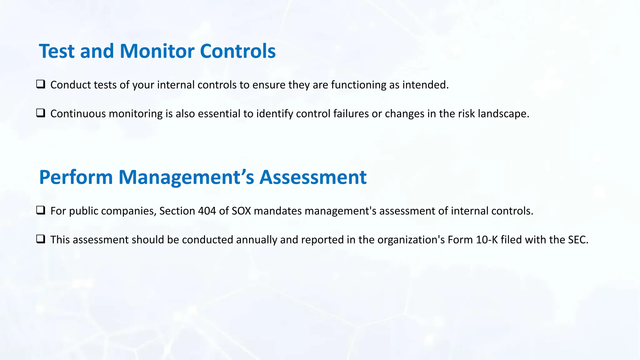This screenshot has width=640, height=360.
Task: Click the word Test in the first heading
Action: pyautogui.click(x=57, y=51)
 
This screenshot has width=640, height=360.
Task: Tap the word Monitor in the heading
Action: pyautogui.click(x=157, y=51)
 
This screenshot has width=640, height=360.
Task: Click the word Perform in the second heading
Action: pyautogui.click(x=76, y=177)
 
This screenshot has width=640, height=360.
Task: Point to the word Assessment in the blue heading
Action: pyautogui.click(x=313, y=177)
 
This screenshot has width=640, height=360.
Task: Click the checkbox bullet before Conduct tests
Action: pyautogui.click(x=41, y=84)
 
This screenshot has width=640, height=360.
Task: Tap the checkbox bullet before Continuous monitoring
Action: pyautogui.click(x=41, y=113)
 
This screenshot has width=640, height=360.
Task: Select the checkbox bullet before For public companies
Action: pyautogui.click(x=41, y=210)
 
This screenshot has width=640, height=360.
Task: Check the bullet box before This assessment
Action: pyautogui.click(x=41, y=239)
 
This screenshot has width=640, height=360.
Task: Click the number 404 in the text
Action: pyautogui.click(x=207, y=211)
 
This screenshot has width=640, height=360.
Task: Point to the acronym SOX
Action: pyautogui.click(x=241, y=211)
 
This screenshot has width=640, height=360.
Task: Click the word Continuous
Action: pyautogui.click(x=78, y=114)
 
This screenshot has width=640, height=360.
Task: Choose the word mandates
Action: pyautogui.click(x=278, y=211)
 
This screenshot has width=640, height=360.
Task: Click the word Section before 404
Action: pyautogui.click(x=177, y=211)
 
